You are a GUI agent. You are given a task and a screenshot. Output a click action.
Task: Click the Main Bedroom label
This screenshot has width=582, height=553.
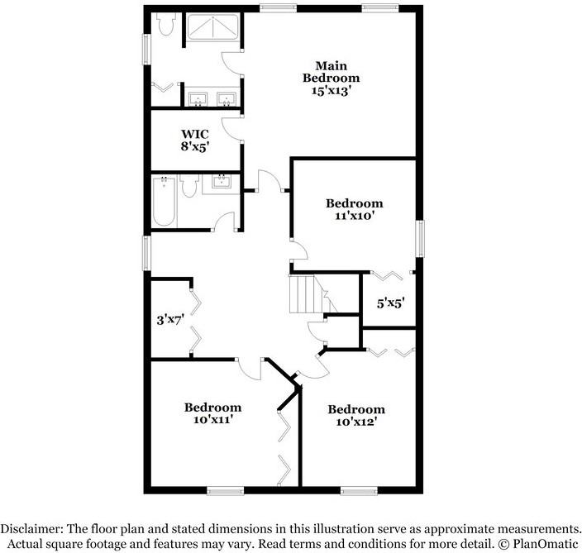(x=330, y=71)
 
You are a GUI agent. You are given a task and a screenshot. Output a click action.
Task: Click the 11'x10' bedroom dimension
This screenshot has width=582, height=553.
(x=354, y=217)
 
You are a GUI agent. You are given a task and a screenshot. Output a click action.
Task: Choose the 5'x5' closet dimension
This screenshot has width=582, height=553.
(x=391, y=303)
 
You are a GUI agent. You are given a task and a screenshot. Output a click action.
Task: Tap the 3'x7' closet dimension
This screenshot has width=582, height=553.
(x=170, y=319)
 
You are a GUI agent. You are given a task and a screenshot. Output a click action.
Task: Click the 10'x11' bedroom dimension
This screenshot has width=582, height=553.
(x=212, y=420)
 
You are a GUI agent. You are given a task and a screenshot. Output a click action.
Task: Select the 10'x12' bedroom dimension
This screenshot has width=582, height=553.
(x=356, y=422)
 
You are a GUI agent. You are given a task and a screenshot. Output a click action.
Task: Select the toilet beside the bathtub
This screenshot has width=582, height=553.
(x=188, y=188)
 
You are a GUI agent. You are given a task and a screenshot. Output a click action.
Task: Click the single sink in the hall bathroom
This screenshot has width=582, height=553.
(x=221, y=183)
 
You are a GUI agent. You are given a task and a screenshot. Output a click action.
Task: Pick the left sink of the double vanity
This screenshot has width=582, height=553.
(x=198, y=100)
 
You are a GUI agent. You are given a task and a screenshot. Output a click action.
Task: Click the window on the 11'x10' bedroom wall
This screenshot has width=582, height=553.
(x=419, y=239)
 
